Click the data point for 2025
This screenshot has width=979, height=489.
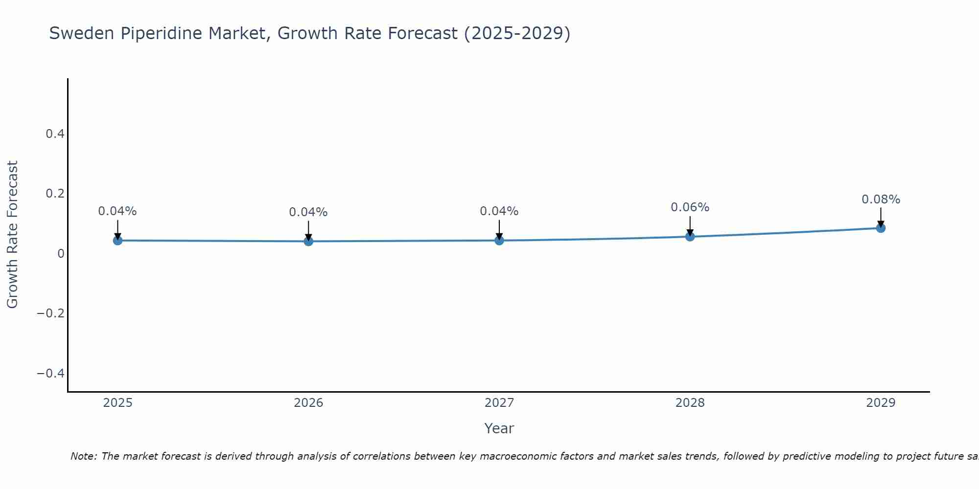(117, 240)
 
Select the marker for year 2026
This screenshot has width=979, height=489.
(308, 241)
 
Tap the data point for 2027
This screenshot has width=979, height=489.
(499, 240)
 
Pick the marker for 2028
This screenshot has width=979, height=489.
(690, 237)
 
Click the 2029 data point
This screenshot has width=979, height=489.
(881, 228)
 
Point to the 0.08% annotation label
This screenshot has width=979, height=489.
(881, 200)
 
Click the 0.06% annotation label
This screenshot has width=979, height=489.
(690, 207)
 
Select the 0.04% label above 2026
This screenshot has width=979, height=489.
(308, 212)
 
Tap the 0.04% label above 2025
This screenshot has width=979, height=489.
(117, 211)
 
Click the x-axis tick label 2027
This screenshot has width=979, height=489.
(499, 403)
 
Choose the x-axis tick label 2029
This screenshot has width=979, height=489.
(881, 403)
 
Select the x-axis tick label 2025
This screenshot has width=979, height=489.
(118, 403)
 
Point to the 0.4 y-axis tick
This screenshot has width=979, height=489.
(55, 133)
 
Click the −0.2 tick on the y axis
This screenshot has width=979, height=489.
(51, 313)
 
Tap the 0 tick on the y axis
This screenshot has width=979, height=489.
(61, 253)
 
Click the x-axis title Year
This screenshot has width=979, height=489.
(499, 428)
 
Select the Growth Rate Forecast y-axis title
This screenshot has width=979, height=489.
(12, 235)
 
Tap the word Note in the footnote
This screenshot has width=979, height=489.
(83, 456)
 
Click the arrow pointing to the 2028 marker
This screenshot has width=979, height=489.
(690, 225)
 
